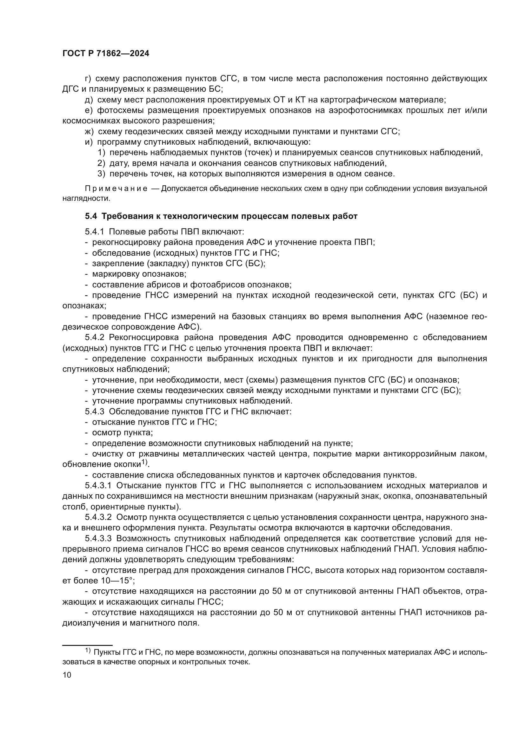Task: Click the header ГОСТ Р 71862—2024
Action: [106, 54]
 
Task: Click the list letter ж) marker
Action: [89, 132]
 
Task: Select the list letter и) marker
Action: [89, 142]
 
